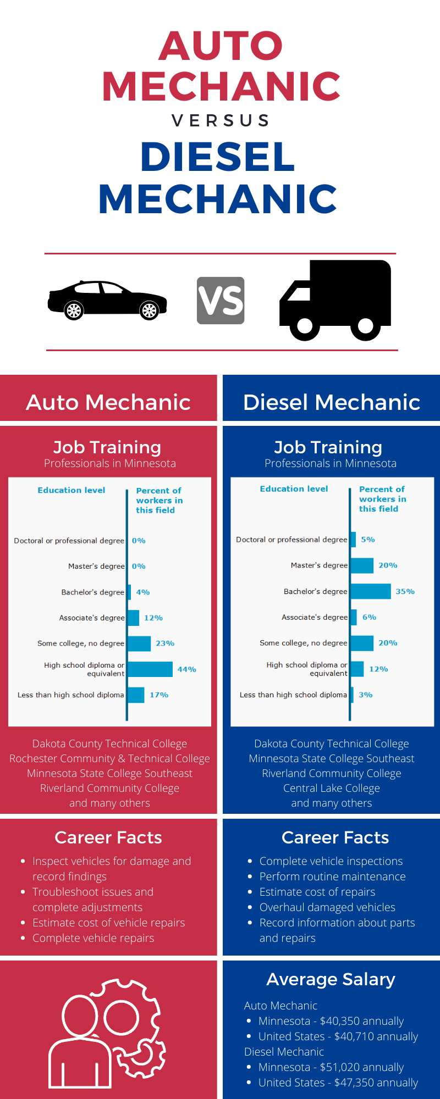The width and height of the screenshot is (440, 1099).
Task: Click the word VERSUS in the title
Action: click(221, 120)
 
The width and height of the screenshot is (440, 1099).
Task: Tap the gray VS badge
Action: click(221, 301)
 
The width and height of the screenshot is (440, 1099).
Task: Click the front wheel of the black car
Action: click(148, 310)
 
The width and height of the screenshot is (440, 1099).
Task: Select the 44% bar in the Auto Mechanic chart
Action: click(150, 669)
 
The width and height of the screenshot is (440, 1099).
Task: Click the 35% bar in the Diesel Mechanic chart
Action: click(371, 591)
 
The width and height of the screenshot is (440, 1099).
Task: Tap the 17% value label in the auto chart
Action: click(159, 695)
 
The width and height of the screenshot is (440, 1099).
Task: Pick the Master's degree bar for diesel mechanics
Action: click(362, 565)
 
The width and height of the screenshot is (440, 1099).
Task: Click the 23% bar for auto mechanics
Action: click(139, 643)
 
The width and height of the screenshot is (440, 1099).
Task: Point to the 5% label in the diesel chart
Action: click(368, 540)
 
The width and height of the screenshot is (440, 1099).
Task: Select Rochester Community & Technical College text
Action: click(109, 758)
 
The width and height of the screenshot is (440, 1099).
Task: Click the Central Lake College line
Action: click(332, 788)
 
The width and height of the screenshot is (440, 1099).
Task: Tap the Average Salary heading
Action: click(331, 979)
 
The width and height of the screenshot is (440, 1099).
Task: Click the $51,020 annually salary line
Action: click(332, 1067)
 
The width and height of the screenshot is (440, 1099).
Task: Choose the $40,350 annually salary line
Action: click(332, 1021)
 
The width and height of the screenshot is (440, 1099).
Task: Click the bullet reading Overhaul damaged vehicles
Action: click(327, 907)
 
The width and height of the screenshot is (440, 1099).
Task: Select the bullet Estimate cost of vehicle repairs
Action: click(108, 923)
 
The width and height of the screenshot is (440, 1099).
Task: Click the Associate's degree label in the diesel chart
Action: click(315, 618)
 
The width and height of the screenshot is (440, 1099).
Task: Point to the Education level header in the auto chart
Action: click(71, 490)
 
